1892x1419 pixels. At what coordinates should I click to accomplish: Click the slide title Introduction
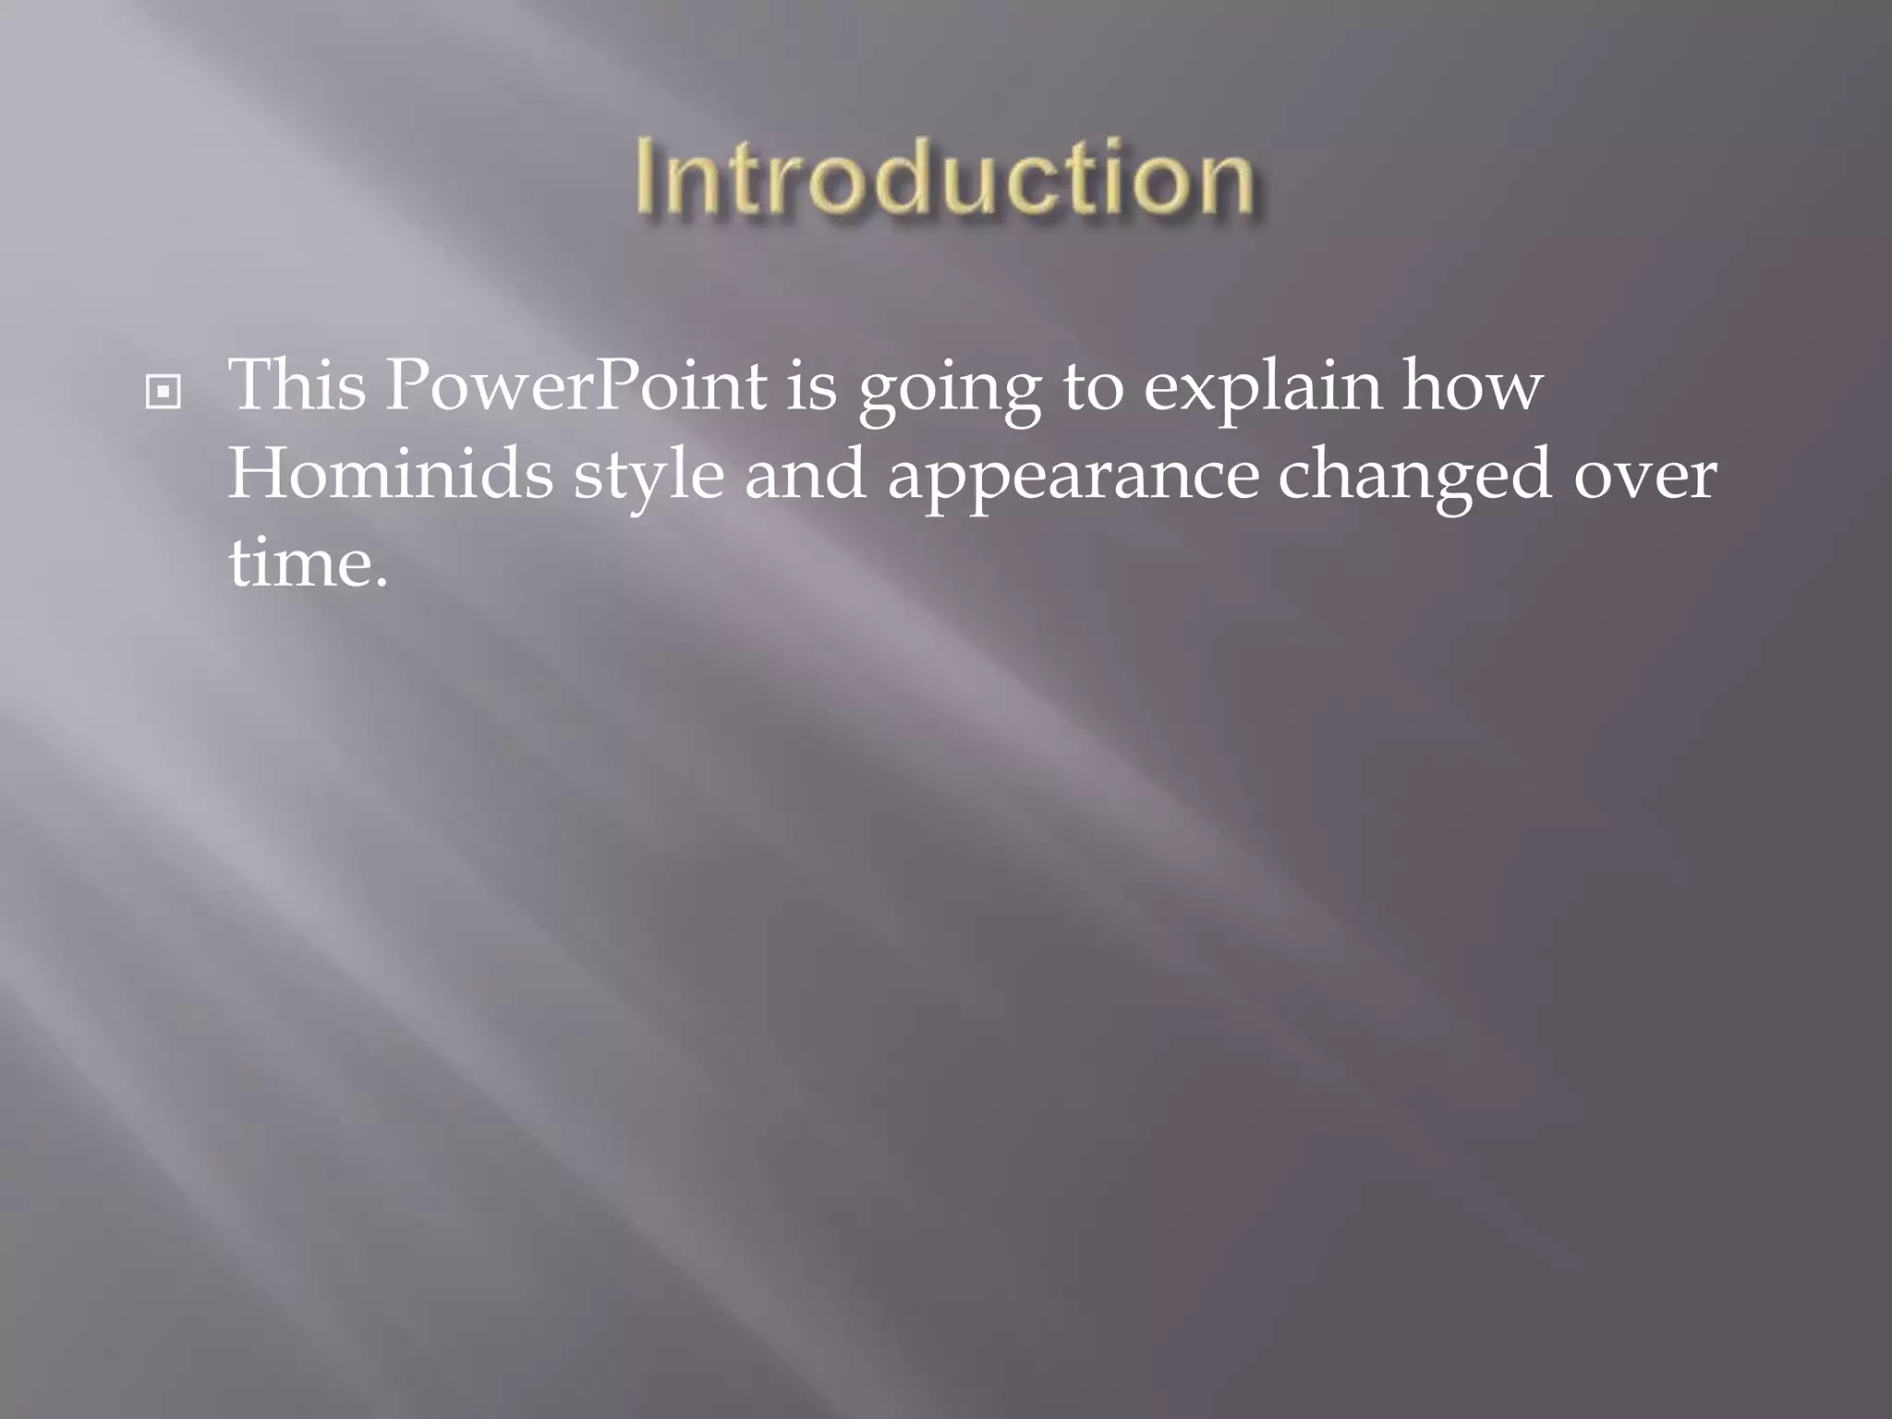(945, 177)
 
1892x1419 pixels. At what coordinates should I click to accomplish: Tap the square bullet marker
(164, 393)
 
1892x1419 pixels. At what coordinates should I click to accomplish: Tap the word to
(1093, 386)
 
